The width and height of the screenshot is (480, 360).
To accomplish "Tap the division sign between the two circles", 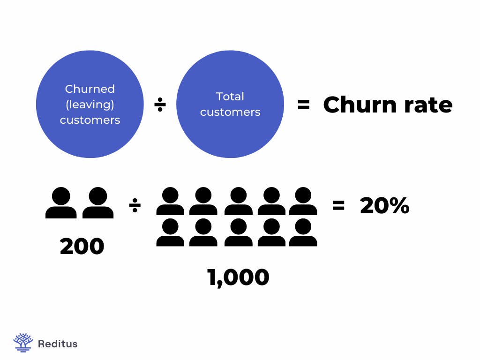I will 160,105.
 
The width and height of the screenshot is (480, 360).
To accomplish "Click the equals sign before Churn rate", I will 303,105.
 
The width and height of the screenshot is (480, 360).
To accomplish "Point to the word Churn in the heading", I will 355,105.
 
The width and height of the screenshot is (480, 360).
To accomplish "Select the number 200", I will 82,247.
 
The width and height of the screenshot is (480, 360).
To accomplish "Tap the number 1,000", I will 238,277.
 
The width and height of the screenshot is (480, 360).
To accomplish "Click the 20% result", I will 384,206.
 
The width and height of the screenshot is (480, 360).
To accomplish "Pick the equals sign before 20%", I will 338,205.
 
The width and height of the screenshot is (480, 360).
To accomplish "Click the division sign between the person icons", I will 135,205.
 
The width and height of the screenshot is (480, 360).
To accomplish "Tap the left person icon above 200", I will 61,202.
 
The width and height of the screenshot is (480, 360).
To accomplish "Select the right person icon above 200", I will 98,202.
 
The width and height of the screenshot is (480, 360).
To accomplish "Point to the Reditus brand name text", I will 57,344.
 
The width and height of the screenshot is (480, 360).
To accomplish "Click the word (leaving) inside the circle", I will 90,104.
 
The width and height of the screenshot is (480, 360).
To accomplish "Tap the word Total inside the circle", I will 230,97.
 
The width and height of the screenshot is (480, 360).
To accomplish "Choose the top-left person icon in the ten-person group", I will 170,201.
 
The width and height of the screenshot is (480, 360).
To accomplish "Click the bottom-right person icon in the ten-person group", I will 303,232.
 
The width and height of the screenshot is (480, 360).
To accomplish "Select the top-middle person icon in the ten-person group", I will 238,201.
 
